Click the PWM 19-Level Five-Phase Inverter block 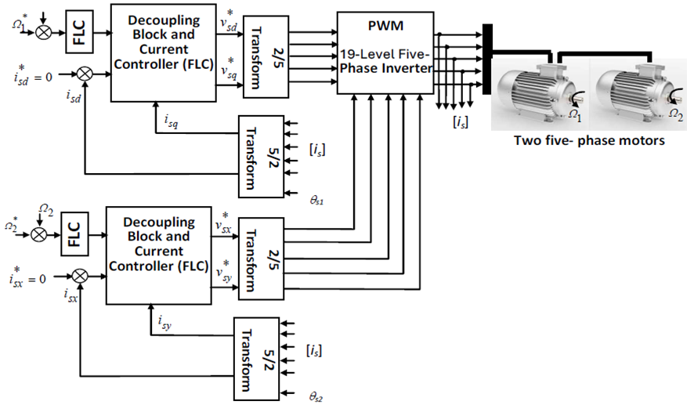[x=385, y=52]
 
